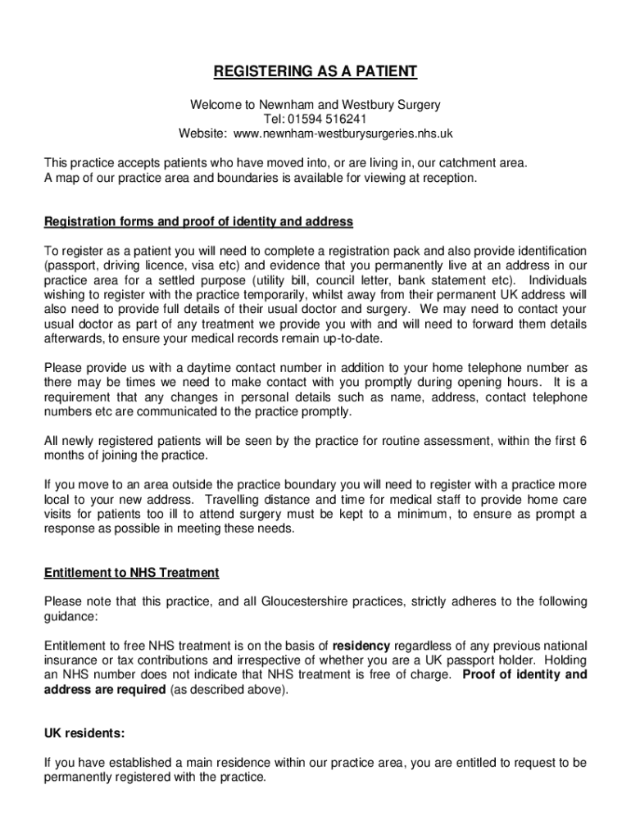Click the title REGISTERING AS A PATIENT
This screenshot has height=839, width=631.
pos(315,73)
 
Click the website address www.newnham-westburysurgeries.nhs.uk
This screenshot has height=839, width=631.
pos(343,133)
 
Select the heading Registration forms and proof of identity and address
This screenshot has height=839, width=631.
pos(198,222)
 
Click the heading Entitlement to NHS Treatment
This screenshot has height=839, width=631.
pos(132,573)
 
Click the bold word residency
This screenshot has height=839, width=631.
pos(361,646)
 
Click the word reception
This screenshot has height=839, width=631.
pos(446,178)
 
